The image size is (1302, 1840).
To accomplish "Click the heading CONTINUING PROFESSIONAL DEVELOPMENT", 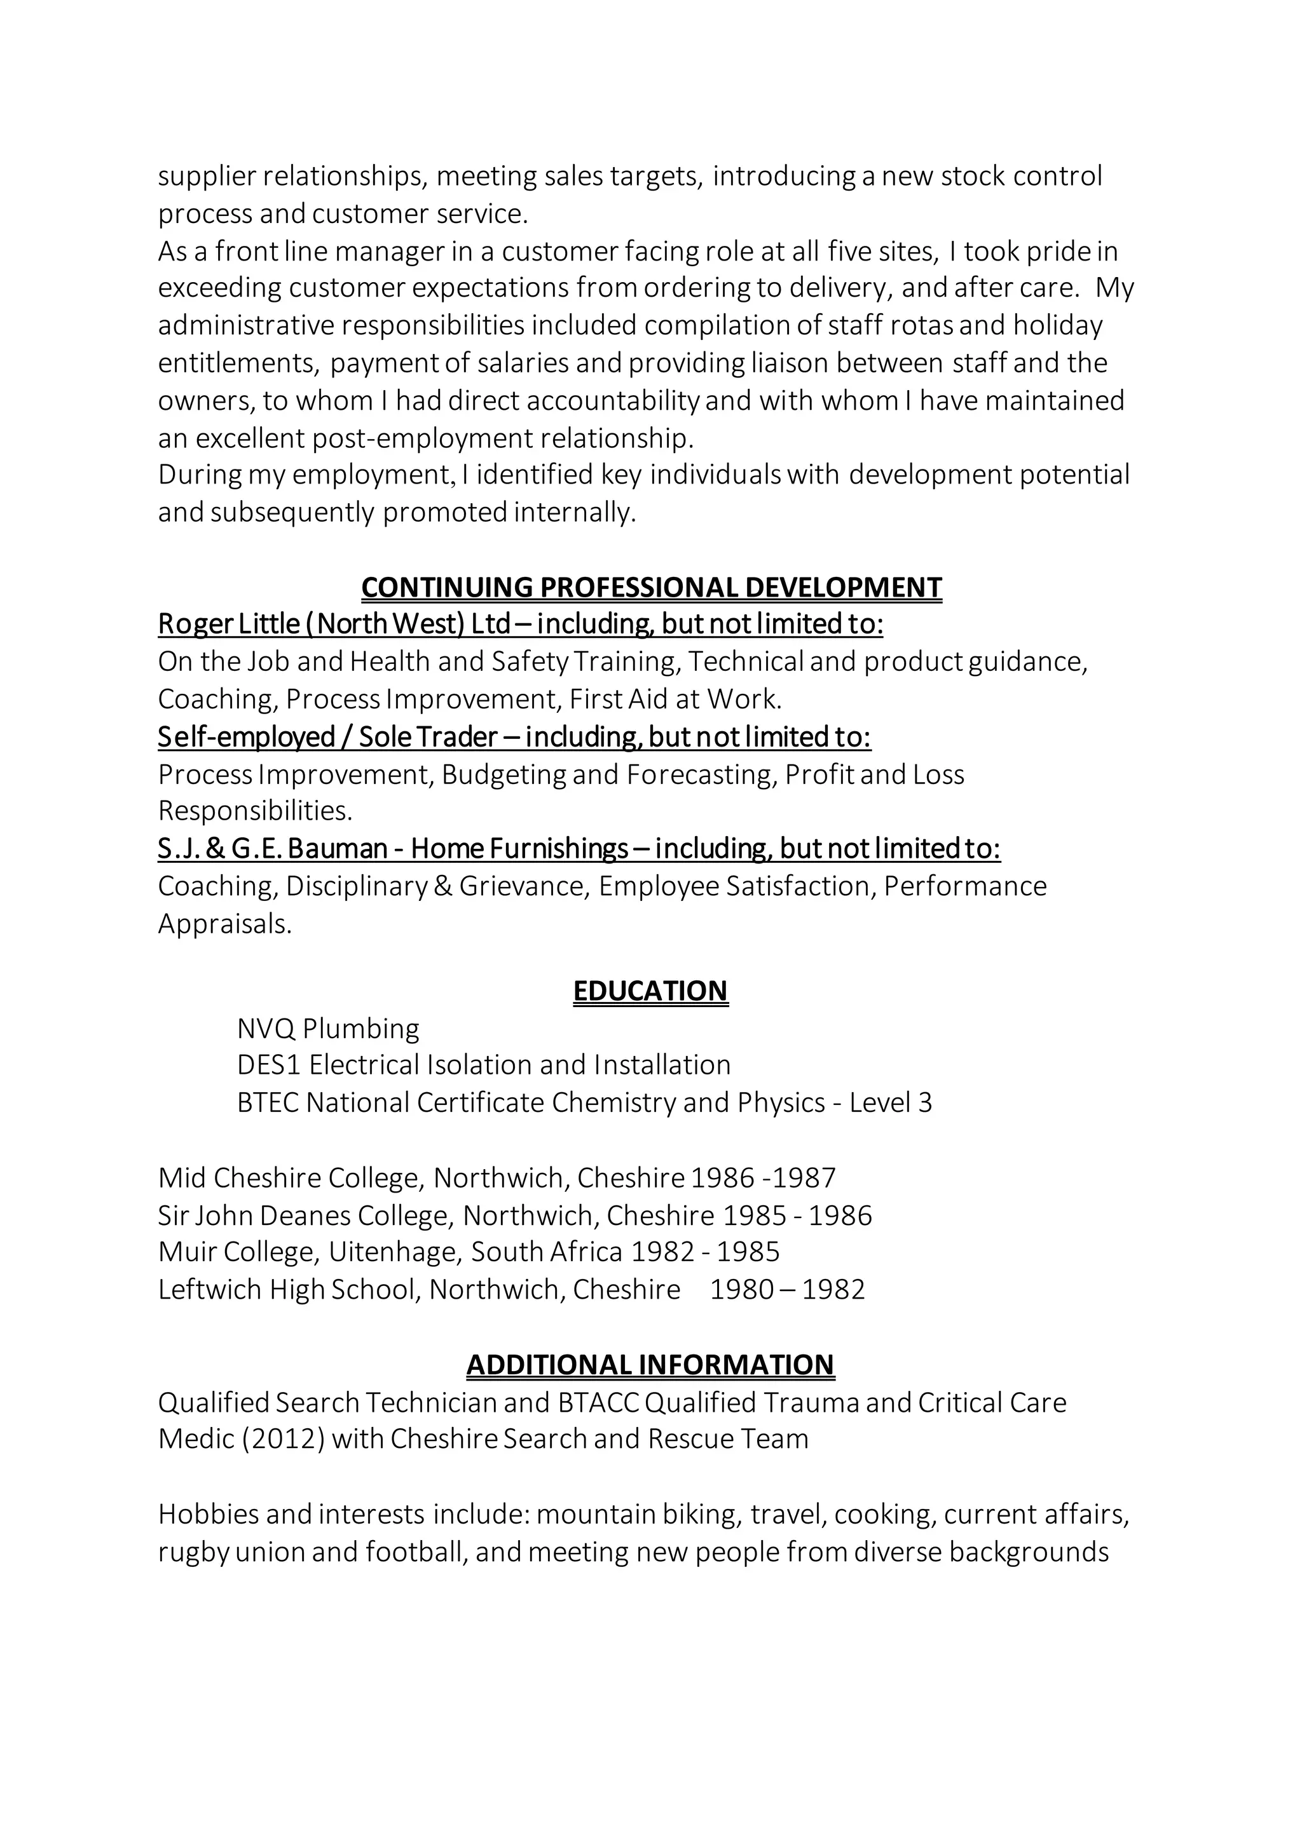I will tap(651, 588).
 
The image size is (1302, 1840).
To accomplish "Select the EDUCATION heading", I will tap(650, 991).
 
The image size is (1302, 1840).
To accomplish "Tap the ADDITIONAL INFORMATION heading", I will tap(650, 1365).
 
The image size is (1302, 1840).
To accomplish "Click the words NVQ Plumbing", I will tap(328, 1029).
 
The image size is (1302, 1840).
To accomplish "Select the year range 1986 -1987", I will tap(764, 1178).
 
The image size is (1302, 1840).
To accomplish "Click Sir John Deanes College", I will tap(305, 1215).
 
